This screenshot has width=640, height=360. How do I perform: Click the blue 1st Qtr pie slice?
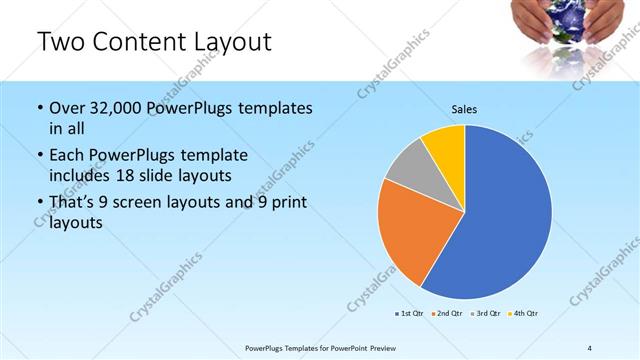(x=505, y=215)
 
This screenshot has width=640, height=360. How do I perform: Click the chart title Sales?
(x=465, y=108)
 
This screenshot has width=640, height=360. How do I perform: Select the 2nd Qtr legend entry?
(x=447, y=314)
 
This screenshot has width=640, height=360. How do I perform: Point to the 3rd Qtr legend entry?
(x=485, y=314)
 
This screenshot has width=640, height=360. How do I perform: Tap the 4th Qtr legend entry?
(x=523, y=314)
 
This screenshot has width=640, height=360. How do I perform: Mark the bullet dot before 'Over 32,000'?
(x=39, y=108)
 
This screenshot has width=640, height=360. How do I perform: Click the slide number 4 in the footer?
(x=589, y=347)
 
